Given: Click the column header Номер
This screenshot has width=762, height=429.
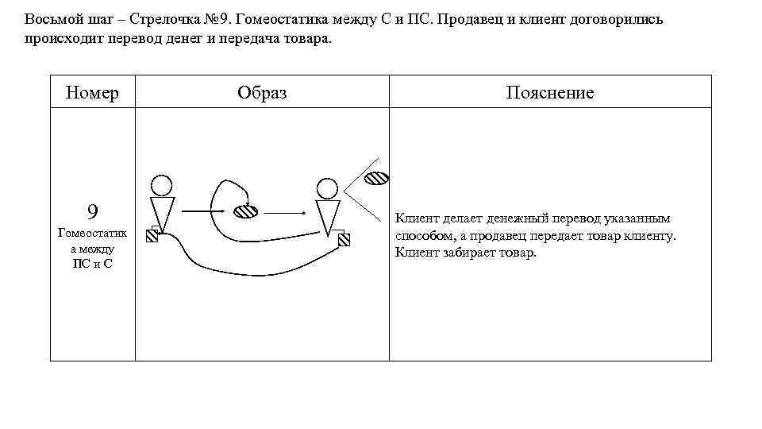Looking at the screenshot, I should point(93,93).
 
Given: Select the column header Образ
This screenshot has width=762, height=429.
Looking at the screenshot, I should point(262,93).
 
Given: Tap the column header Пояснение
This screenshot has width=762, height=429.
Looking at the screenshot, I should point(549,93).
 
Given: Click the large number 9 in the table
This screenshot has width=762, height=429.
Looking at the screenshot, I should point(93,211).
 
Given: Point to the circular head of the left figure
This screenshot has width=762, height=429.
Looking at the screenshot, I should point(162,185).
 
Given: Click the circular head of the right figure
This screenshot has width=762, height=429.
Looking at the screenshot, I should point(327,188).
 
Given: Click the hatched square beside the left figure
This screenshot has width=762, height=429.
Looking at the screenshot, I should point(153,239).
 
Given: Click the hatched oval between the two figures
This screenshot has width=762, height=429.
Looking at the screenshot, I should point(245,212).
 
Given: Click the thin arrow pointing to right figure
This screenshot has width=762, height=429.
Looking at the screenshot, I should point(285,213).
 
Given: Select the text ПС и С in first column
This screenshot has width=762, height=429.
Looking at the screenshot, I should point(93,264).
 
